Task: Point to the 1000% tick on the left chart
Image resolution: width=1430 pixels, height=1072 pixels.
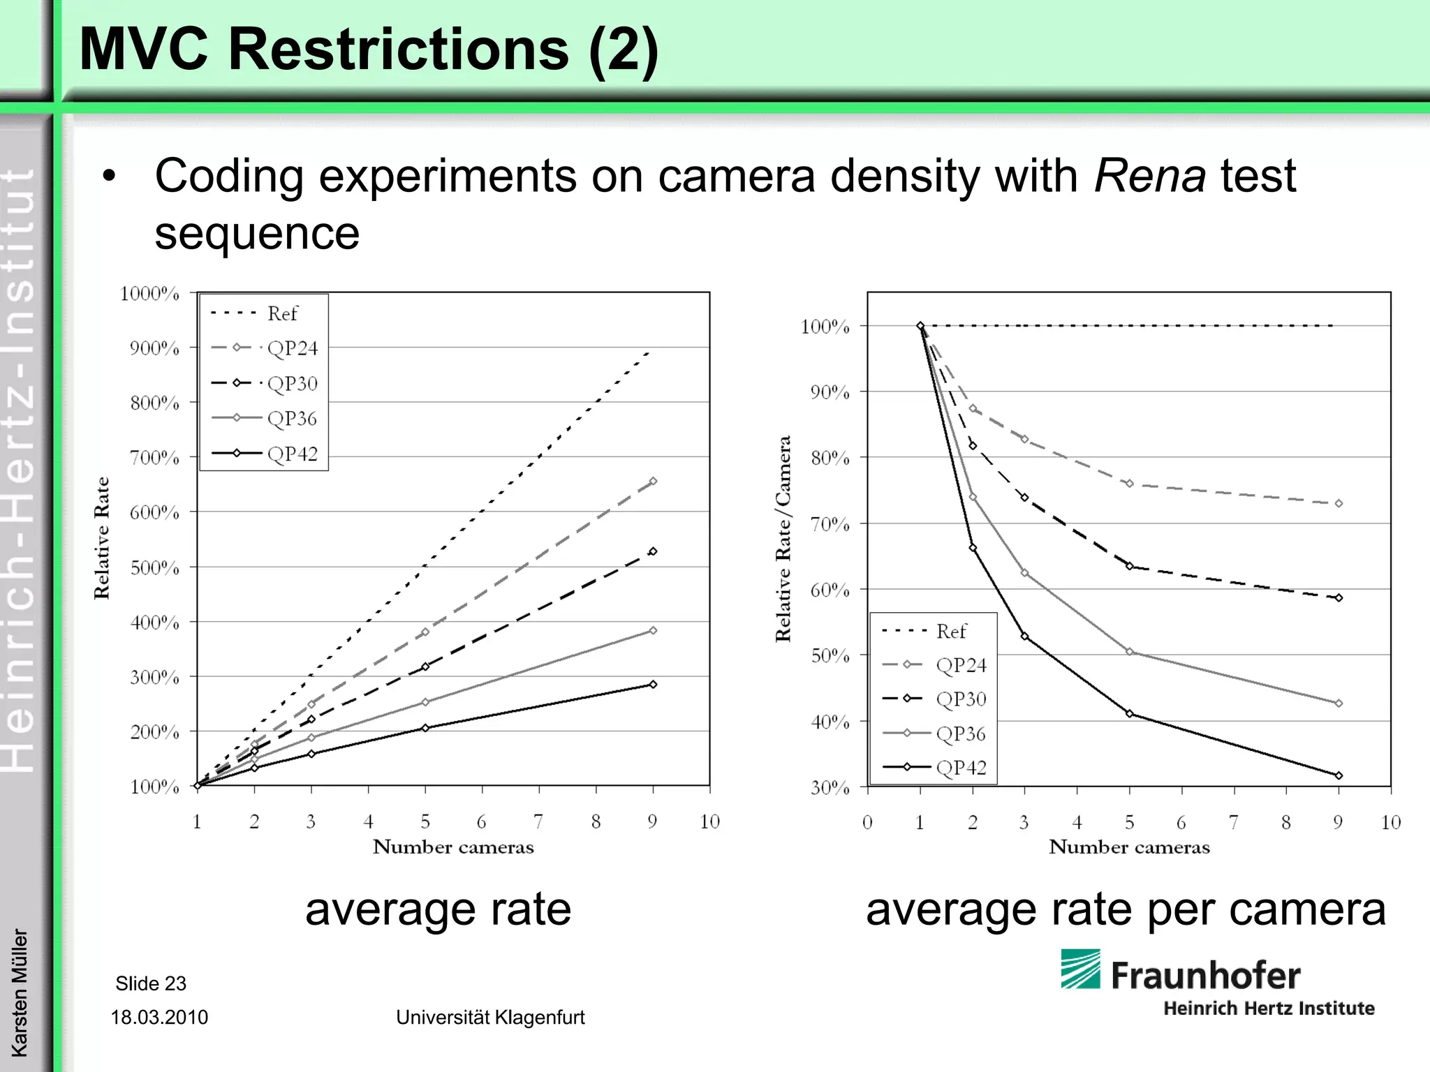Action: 149,293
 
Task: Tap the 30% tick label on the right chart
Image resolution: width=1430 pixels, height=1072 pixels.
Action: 830,788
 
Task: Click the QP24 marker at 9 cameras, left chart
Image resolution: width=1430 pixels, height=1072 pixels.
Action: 653,481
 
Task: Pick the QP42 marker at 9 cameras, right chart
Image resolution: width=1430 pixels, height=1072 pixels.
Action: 1339,775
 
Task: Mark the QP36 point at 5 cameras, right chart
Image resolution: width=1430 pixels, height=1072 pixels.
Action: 1130,652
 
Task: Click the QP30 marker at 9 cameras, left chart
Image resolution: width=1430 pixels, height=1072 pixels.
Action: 653,551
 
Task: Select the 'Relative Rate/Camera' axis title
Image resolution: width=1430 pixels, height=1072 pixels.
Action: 783,539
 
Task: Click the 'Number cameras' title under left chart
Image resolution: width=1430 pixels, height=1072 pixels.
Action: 453,847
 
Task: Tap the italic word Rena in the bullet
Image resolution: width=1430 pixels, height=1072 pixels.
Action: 1149,176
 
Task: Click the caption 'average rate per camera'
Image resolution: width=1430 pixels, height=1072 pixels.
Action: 1126,909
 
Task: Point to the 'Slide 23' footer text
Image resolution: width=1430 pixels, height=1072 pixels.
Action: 151,983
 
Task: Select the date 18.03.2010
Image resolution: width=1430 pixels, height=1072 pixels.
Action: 159,1017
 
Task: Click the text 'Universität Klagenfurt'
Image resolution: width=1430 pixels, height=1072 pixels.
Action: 490,1017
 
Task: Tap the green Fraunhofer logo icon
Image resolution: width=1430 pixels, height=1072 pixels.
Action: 1080,969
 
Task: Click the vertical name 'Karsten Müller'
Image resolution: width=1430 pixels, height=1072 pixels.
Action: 20,992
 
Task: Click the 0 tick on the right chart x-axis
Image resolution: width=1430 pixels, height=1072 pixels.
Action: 867,822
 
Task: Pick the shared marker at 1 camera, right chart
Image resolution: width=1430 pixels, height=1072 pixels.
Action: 920,326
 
